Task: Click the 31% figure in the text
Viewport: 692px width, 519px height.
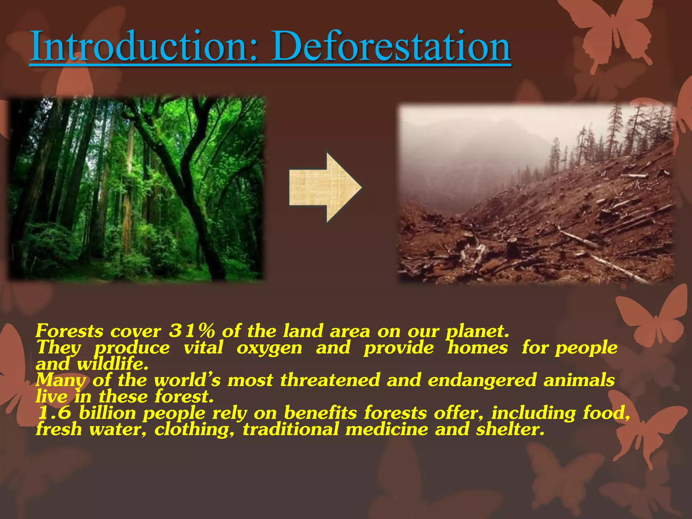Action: click(x=192, y=331)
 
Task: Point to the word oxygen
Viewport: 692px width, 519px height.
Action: click(x=269, y=348)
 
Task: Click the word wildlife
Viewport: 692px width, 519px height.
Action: click(x=113, y=364)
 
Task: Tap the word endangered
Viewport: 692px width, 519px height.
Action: click(x=482, y=380)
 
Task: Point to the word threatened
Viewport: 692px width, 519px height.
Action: click(x=330, y=380)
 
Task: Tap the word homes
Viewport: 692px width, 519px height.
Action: click(x=477, y=348)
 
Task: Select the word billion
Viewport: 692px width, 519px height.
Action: click(x=107, y=413)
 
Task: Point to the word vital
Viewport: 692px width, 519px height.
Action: click(x=203, y=348)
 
